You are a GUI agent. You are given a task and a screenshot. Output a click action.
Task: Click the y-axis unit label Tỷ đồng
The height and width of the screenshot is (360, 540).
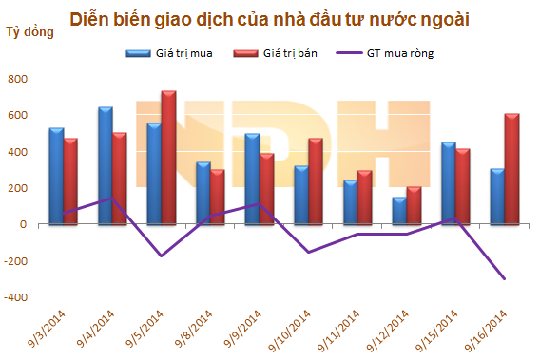29,33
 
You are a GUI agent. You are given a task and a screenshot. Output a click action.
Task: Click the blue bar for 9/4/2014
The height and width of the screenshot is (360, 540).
106,166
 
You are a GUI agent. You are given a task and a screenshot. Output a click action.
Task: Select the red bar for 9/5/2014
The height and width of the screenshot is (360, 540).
168,158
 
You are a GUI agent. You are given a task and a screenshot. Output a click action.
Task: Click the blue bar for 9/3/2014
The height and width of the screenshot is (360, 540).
56,176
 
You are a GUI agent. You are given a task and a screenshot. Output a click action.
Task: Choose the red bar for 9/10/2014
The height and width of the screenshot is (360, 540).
316,181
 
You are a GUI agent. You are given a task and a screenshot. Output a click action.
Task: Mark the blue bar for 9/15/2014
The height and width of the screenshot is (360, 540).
448,183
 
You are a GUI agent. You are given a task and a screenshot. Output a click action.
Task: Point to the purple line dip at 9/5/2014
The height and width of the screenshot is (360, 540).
161,256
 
